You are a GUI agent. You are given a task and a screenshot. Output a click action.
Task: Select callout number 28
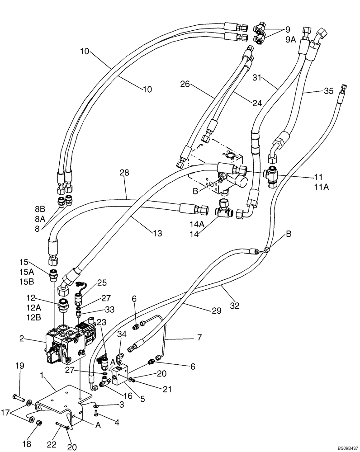click(x=125, y=173)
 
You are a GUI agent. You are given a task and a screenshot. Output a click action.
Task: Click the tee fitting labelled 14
click(x=224, y=211)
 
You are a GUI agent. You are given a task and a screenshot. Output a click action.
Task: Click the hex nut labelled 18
click(x=38, y=425)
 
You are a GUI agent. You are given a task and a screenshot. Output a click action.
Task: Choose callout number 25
click(x=102, y=282)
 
